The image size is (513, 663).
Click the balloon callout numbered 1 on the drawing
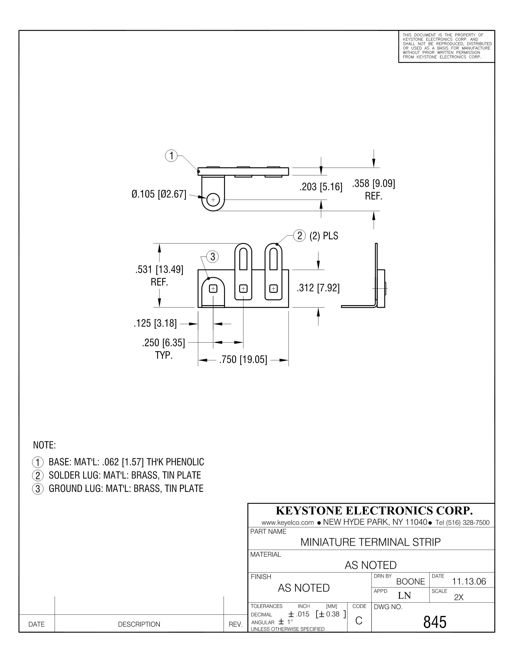click(x=171, y=156)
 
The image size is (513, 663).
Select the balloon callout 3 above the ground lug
click(x=212, y=257)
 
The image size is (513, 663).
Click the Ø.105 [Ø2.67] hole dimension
click(x=159, y=194)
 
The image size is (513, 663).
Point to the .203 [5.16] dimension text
click(x=321, y=187)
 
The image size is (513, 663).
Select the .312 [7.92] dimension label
click(x=318, y=288)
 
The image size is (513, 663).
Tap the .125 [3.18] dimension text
click(x=155, y=323)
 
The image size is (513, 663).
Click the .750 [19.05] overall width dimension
click(x=243, y=360)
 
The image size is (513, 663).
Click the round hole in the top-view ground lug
click(x=213, y=200)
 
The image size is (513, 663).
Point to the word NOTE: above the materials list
click(x=44, y=445)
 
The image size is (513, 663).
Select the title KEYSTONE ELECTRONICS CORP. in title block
click(x=374, y=511)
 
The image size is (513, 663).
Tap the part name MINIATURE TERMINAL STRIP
click(x=370, y=542)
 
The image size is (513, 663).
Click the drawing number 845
click(x=435, y=622)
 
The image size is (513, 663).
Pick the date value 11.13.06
click(x=469, y=581)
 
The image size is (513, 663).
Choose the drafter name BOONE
click(x=411, y=581)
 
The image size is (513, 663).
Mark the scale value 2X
click(x=459, y=597)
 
